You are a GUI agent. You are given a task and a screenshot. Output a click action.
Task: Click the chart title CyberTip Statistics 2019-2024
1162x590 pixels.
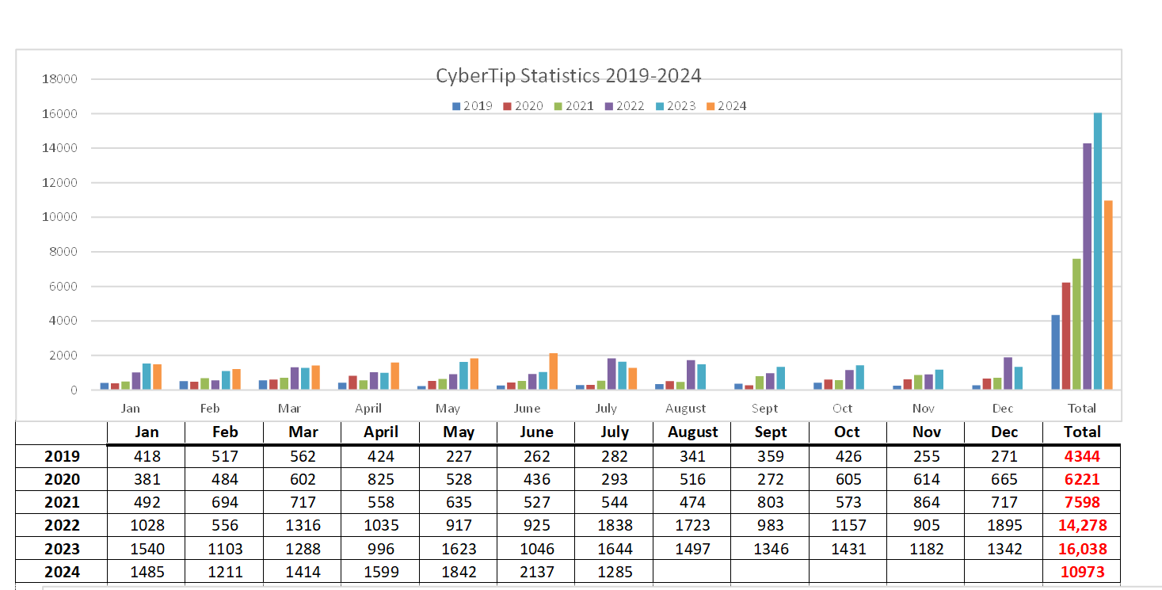coord(568,76)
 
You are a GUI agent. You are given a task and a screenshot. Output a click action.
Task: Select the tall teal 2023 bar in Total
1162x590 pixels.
coord(1097,251)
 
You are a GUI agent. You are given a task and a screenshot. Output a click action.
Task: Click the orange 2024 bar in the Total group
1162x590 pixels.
coord(1108,295)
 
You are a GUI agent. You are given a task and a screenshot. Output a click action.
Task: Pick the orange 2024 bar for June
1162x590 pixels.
coord(553,371)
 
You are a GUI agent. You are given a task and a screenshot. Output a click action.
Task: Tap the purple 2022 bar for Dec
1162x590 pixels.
coord(1008,373)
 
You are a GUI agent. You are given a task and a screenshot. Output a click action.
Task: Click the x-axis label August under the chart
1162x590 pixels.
coord(685,409)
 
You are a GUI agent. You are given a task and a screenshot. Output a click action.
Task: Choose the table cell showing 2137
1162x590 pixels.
coord(536,571)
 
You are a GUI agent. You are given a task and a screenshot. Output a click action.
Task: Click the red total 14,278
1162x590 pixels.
coord(1081,525)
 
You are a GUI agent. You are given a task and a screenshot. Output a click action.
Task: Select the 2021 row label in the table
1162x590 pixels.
coord(62,502)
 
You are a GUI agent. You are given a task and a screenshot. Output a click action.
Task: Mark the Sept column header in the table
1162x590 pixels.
coord(770,432)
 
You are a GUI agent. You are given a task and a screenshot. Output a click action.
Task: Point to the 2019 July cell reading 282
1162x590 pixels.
coord(614,456)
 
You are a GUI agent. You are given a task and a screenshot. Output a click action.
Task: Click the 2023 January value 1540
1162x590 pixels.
coord(147,548)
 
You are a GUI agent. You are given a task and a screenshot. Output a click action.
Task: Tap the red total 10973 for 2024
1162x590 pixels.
coord(1081,571)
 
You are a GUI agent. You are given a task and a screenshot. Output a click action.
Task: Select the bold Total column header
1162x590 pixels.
coord(1081,432)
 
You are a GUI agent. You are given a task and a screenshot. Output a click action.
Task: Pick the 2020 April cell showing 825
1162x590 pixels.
coord(380,479)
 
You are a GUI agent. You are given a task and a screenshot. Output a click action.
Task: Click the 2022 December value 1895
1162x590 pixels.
coord(1004,525)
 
